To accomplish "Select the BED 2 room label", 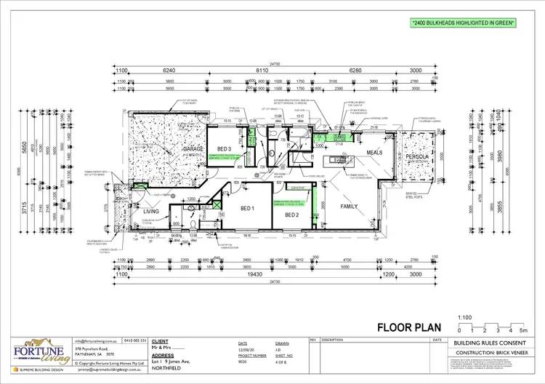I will coord(292,215).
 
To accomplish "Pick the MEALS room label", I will coord(374,153).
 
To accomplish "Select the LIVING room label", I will coord(151,212).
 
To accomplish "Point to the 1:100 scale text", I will coord(464,317).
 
